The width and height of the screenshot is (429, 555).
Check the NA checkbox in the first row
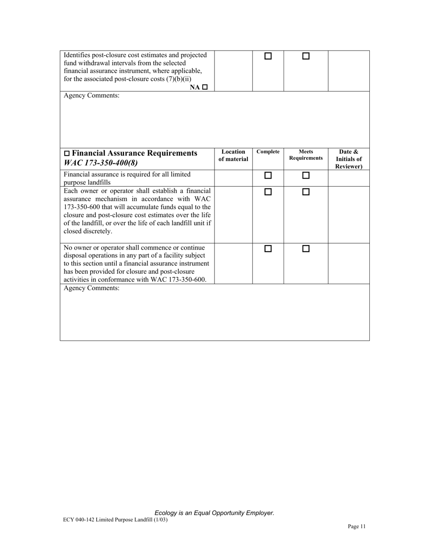pos(205,87)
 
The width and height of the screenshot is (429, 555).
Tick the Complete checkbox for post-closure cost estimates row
pos(268,56)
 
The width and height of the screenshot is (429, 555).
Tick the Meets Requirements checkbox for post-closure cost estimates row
pos(306,56)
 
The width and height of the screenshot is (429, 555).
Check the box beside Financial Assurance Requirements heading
pos(67,153)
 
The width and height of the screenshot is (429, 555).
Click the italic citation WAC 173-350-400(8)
pos(101,163)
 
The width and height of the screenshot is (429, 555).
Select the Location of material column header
pos(233,156)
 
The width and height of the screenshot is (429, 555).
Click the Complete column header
pos(268,152)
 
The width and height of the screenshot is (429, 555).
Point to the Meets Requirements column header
pos(306,155)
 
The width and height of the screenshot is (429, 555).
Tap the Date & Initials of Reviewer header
pos(349,159)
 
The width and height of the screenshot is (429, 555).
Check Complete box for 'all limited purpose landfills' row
pos(268,175)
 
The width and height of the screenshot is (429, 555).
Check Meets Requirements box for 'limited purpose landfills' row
pos(306,175)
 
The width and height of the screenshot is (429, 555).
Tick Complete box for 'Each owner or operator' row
pos(268,192)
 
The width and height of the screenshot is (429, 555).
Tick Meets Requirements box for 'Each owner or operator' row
pos(306,192)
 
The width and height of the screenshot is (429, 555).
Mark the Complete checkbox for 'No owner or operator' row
pos(268,249)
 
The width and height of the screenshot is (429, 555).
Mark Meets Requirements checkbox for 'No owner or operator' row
pos(306,249)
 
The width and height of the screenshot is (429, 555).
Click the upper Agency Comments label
pos(92,96)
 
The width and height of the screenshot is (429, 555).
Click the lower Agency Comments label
pos(92,288)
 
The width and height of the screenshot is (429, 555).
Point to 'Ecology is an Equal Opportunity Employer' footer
pos(214,513)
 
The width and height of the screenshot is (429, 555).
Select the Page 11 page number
pos(357,526)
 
